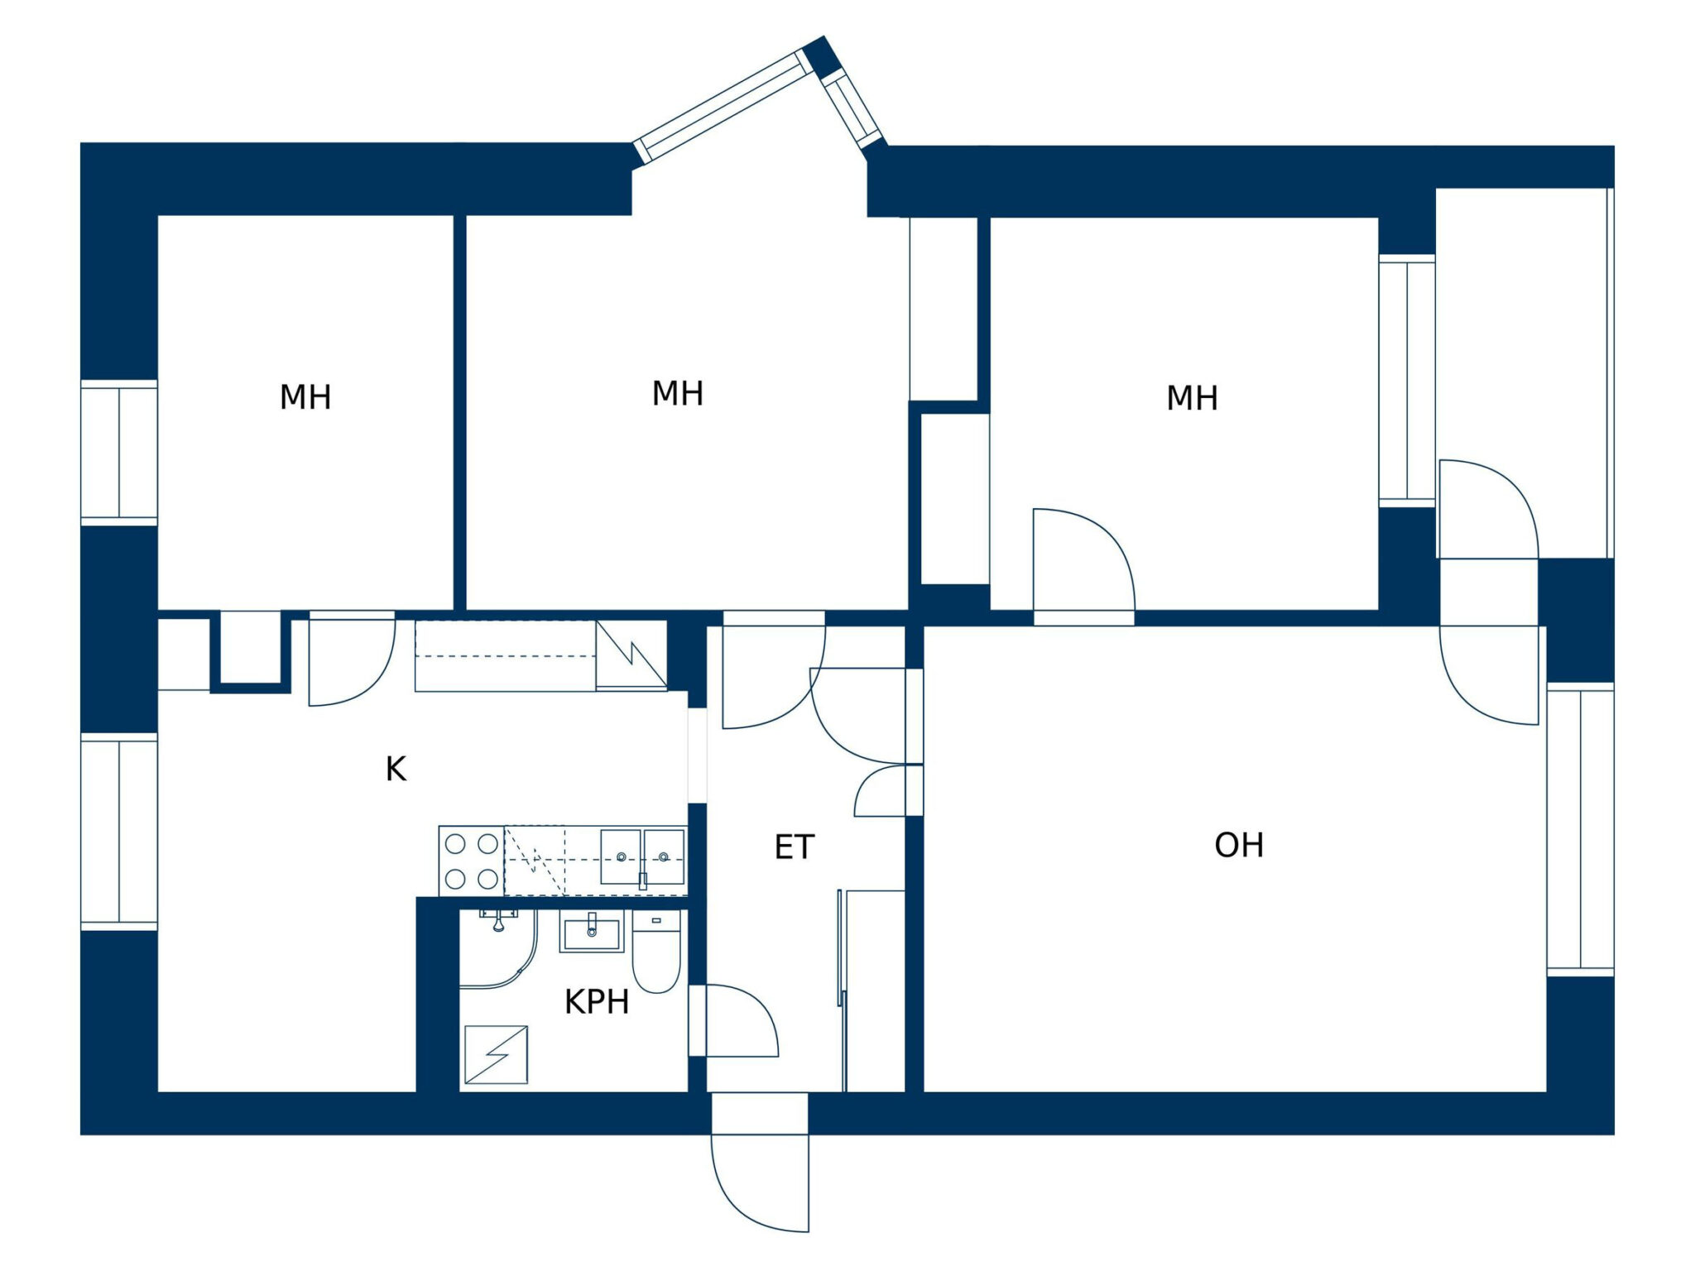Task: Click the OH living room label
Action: coord(1238,845)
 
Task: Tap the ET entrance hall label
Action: coord(795,847)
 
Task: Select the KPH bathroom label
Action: coord(597,1002)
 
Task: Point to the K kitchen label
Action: coord(396,770)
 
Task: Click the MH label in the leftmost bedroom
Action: coord(305,397)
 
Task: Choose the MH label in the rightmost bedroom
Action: coord(1192,398)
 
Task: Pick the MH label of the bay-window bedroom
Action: coord(678,393)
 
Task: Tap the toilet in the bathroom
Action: coord(656,952)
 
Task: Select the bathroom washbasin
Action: coord(592,933)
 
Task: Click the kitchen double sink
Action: coord(642,857)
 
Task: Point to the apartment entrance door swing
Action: coord(760,1184)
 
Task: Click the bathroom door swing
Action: coord(742,1020)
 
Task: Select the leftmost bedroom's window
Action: coord(119,453)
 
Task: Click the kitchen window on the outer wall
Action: coord(119,832)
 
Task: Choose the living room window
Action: coord(1581,829)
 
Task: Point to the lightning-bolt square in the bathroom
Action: coord(496,1055)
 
